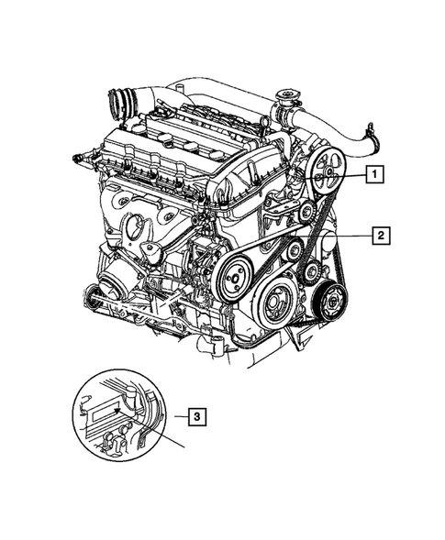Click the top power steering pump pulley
point(327,181)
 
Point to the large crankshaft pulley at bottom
point(273,301)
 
